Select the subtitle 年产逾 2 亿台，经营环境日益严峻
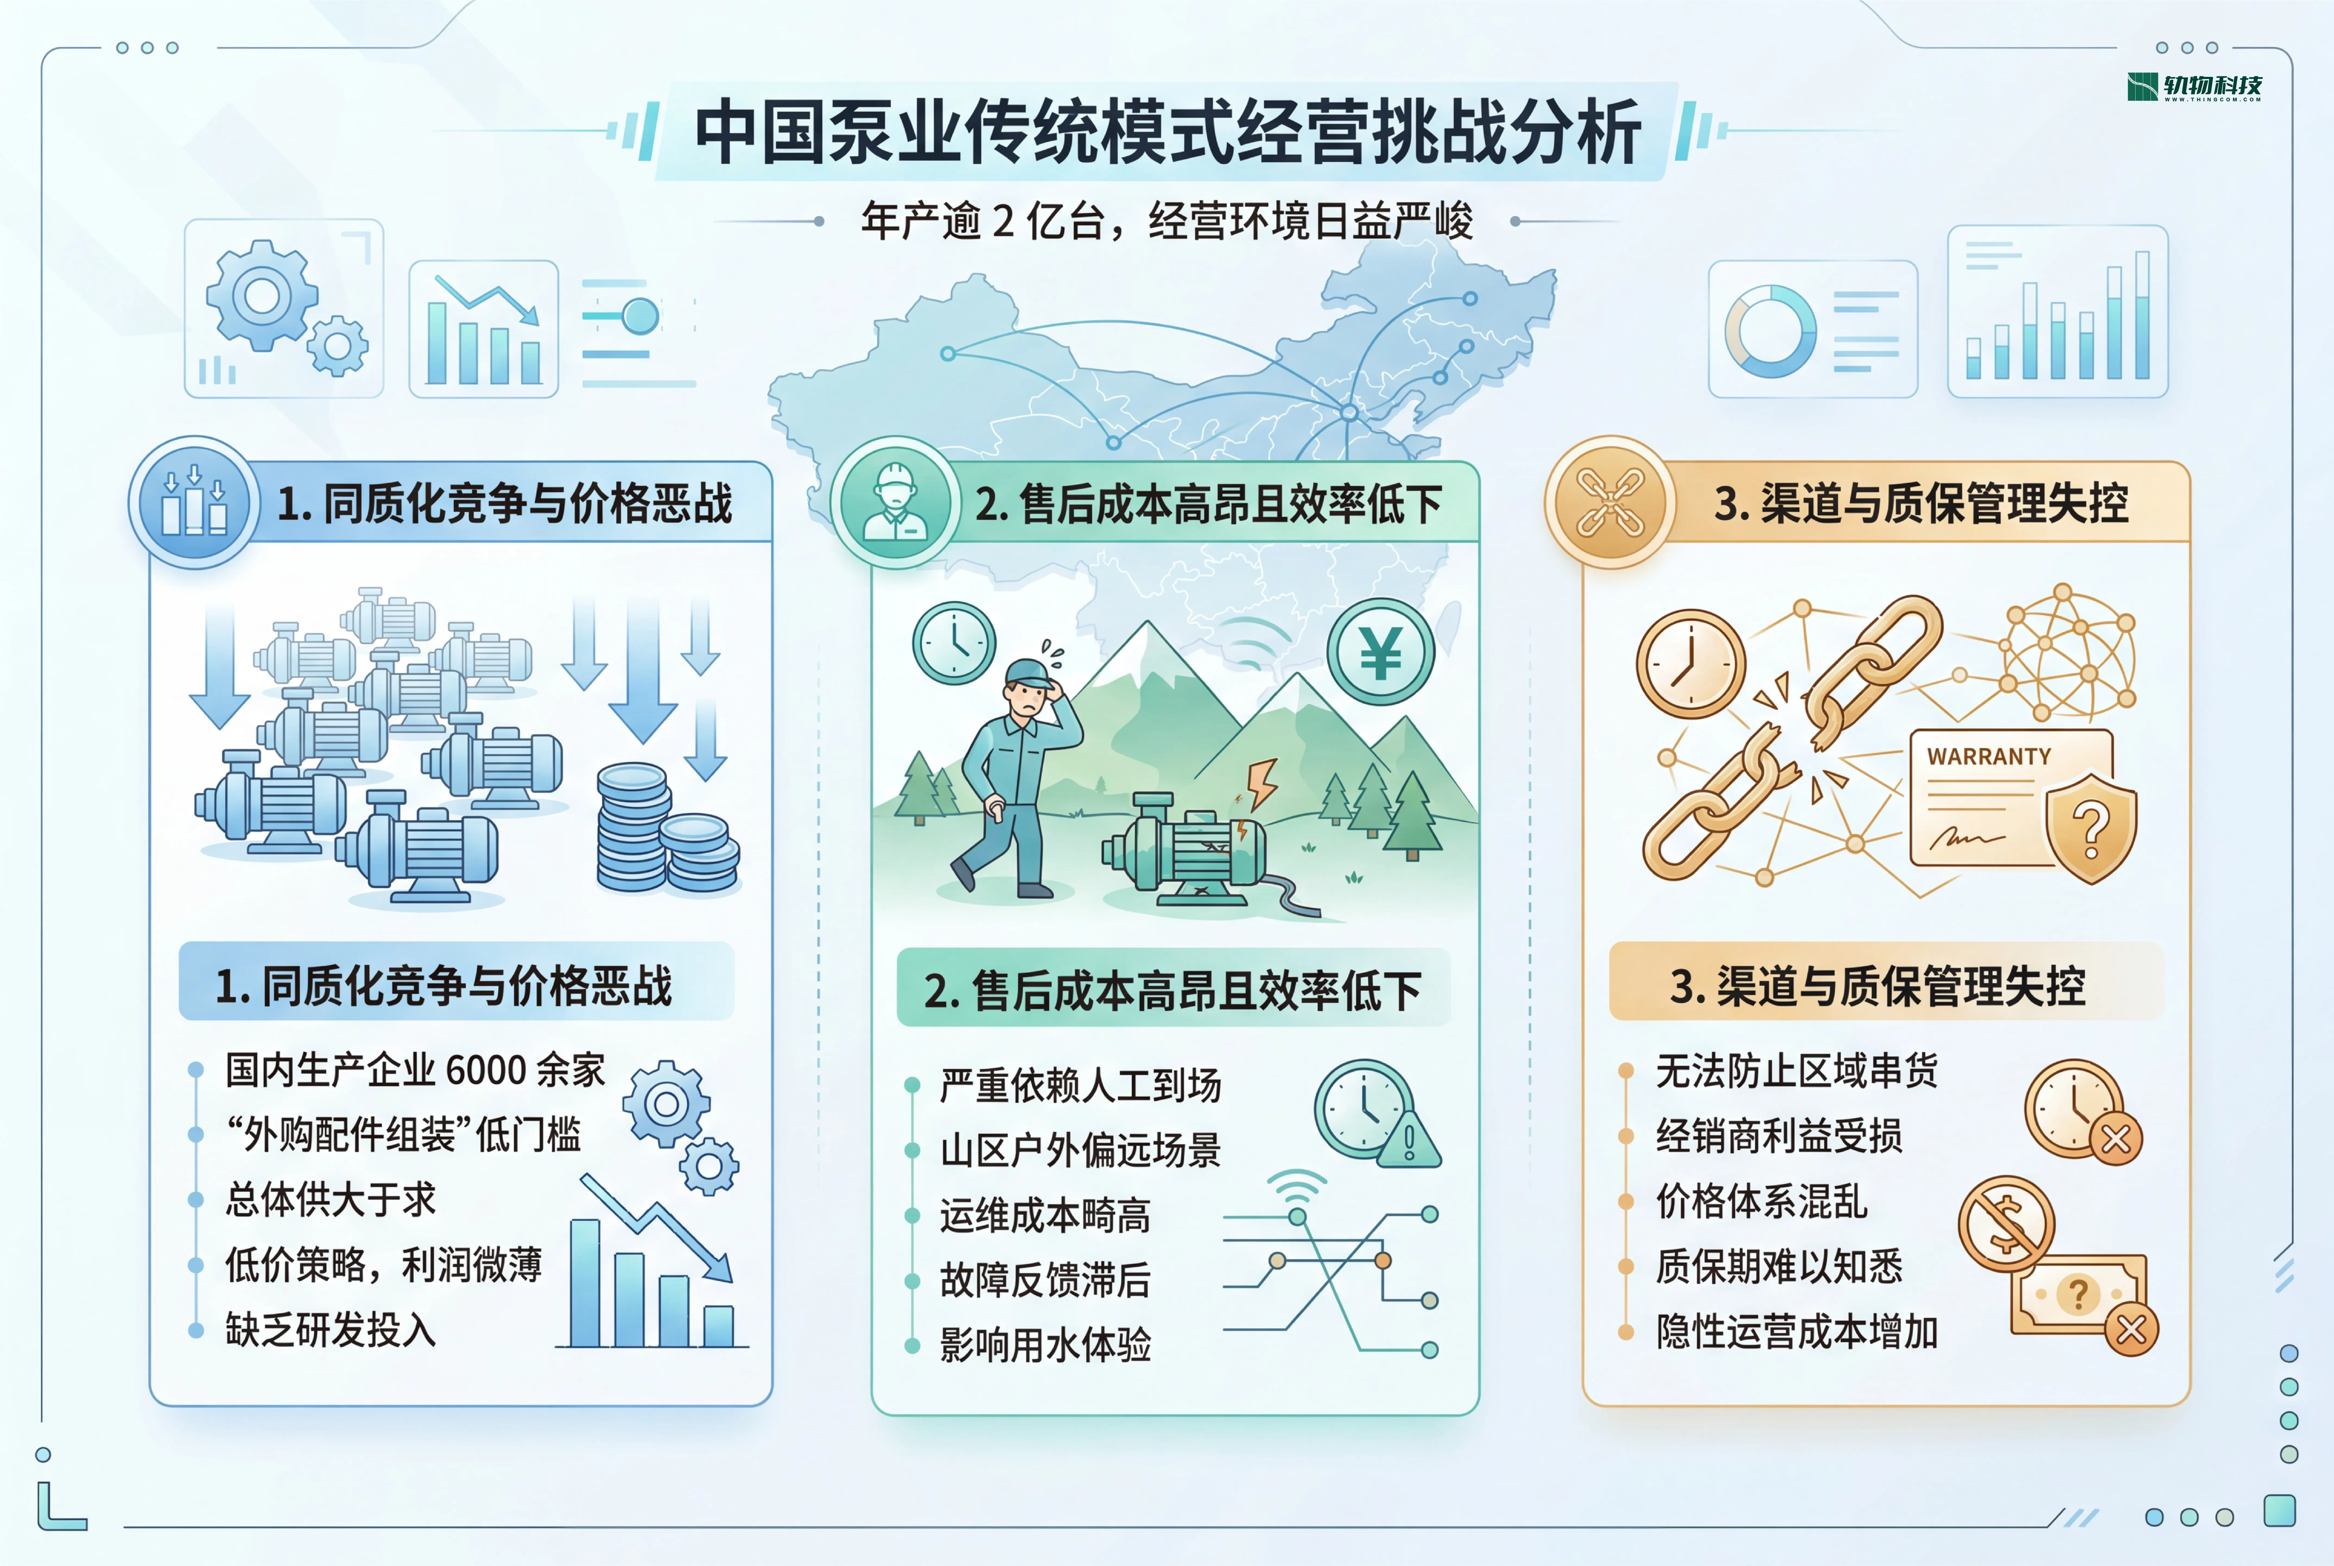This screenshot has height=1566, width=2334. (1166, 221)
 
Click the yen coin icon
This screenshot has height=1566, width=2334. (1380, 652)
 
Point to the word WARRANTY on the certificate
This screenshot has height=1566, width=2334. (1988, 757)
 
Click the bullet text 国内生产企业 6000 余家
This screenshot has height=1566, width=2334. (415, 1070)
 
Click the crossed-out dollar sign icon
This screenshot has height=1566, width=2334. (2005, 1223)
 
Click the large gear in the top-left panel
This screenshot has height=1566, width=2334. (262, 296)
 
